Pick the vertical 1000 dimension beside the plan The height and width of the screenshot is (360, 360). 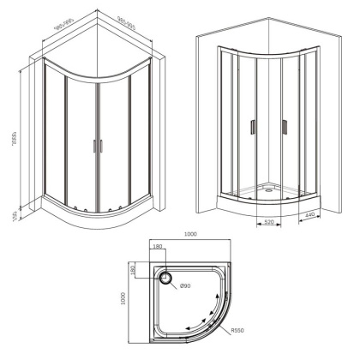[124, 297]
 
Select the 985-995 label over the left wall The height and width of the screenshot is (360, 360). [60, 24]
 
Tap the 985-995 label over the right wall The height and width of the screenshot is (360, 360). [127, 23]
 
